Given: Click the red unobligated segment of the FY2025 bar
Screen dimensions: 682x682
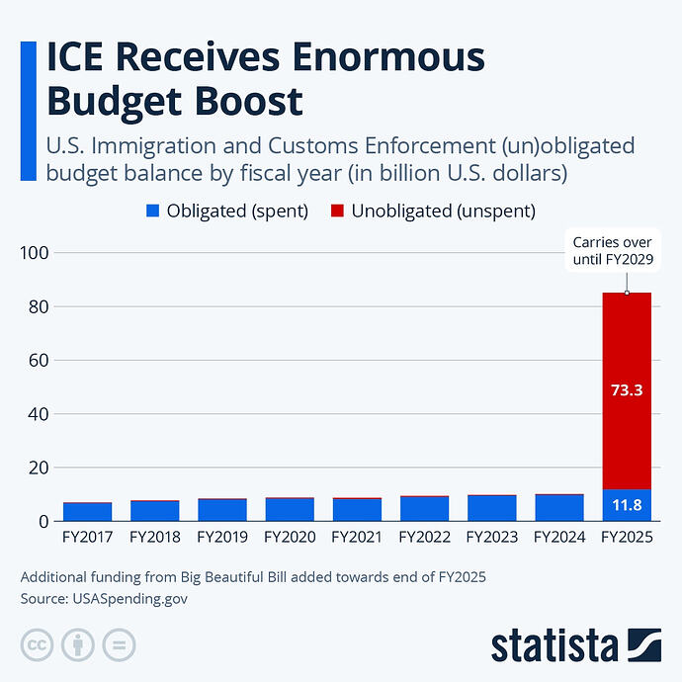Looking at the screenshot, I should (627, 390).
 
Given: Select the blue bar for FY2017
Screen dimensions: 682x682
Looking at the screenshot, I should (87, 511).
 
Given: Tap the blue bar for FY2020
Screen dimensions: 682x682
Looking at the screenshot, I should (290, 509).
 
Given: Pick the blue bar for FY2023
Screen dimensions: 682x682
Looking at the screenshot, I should (491, 508).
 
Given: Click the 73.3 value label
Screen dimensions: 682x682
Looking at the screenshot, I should (627, 390).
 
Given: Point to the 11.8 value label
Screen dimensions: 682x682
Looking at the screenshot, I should (627, 506).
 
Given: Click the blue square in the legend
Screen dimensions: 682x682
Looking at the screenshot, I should (153, 211).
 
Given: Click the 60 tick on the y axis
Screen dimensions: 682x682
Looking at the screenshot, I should (36, 361).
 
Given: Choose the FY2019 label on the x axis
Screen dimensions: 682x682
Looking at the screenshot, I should (221, 539).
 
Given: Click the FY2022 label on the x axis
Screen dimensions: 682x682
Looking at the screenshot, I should (424, 539).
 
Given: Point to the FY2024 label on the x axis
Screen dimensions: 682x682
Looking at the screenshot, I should (559, 539).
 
